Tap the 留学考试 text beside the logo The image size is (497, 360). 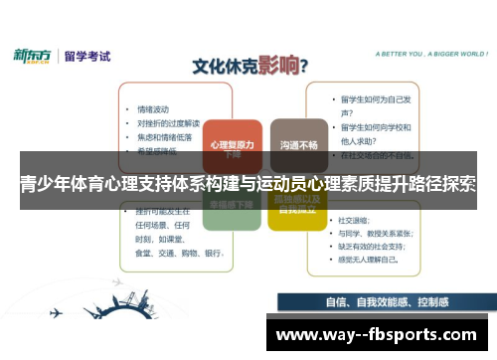click(87, 57)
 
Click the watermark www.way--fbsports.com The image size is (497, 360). click(382, 335)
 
